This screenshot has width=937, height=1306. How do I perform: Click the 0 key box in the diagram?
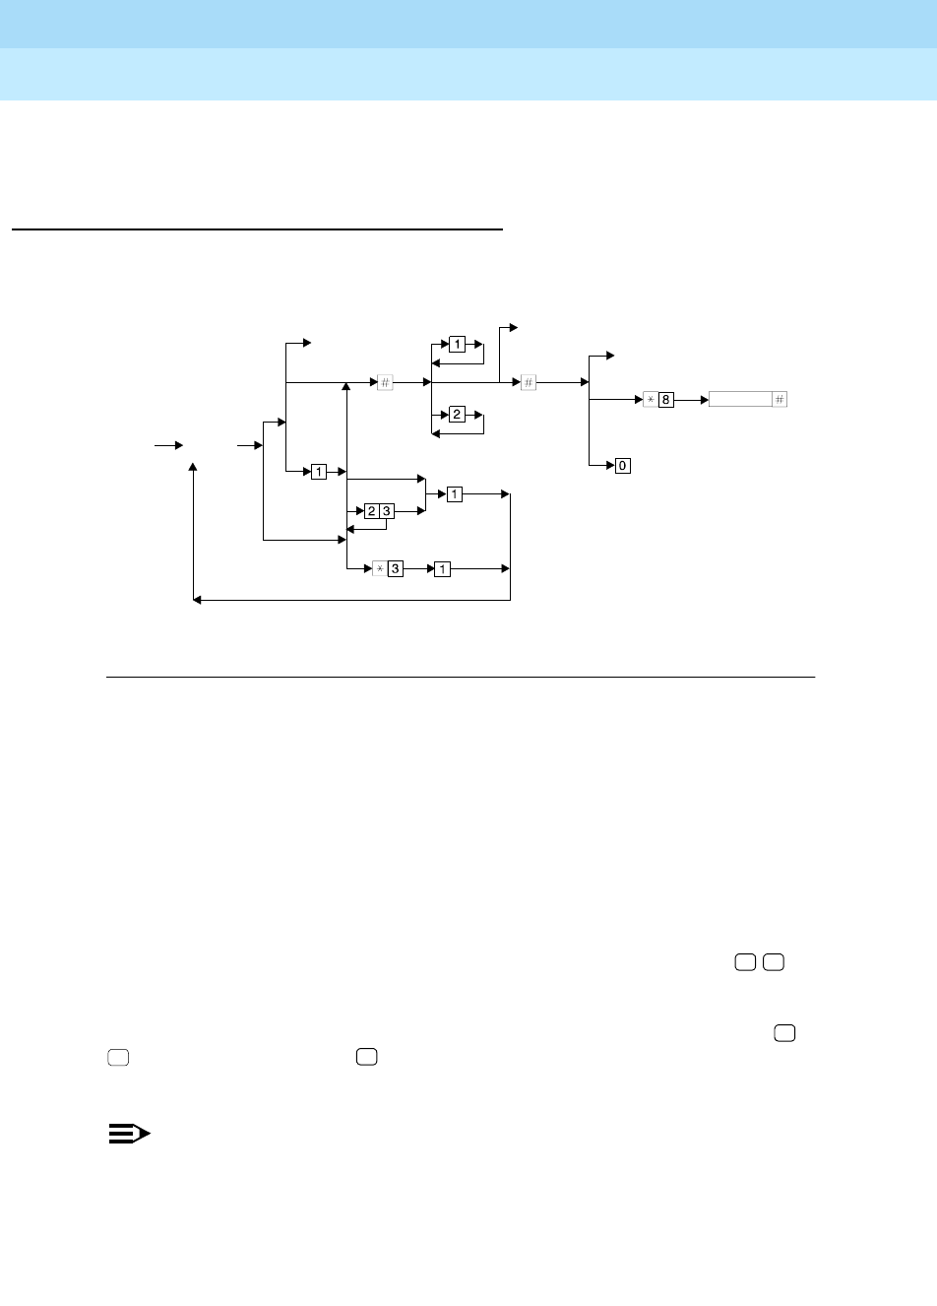623,465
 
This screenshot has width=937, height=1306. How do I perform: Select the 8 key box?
666,400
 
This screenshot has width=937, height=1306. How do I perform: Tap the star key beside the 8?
651,400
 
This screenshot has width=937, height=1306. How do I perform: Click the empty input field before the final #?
740,400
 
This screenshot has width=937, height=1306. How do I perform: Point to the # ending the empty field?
780,400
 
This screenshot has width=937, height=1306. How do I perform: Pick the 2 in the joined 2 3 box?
371,510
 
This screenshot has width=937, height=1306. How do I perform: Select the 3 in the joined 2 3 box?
387,510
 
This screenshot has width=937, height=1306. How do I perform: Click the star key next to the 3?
380,569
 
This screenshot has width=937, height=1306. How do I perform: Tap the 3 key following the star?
396,569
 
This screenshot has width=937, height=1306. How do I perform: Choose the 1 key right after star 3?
442,569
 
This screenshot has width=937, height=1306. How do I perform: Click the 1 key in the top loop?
458,345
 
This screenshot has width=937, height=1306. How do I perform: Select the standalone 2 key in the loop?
458,415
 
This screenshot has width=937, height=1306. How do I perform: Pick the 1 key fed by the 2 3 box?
454,493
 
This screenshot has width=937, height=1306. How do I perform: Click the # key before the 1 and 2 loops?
386,382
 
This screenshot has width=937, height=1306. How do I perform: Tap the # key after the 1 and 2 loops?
529,382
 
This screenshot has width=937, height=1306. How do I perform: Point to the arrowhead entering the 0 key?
610,465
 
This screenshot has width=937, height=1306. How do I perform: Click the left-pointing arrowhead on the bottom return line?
197,600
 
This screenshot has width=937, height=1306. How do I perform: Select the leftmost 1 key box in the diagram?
319,472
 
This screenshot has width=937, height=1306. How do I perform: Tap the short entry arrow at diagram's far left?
168,446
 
